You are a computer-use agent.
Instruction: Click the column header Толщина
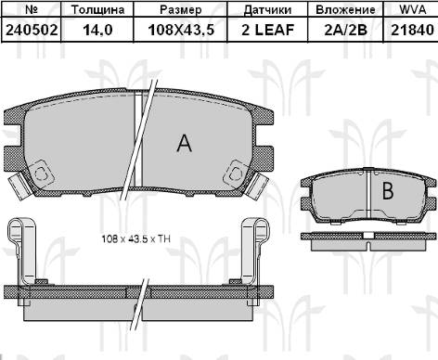[x=97, y=9]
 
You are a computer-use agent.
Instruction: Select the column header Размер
[x=181, y=9]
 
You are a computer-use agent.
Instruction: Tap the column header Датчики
[x=267, y=10]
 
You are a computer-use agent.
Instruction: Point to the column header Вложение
[x=345, y=9]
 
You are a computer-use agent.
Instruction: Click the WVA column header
[x=413, y=9]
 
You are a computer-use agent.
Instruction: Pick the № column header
[x=32, y=9]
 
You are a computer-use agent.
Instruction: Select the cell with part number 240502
[x=32, y=30]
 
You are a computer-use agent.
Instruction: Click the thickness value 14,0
[x=97, y=31]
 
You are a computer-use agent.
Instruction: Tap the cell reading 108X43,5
[x=181, y=31]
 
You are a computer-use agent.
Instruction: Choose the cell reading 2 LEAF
[x=267, y=30]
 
